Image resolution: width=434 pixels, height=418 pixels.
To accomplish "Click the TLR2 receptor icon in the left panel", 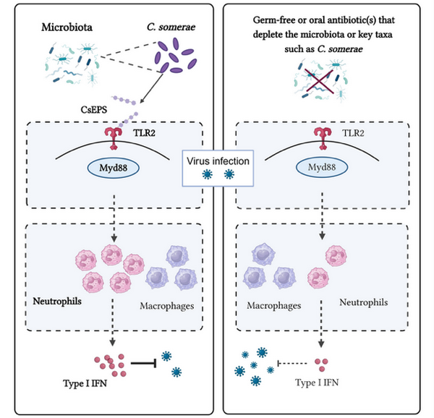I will point(112,137).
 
